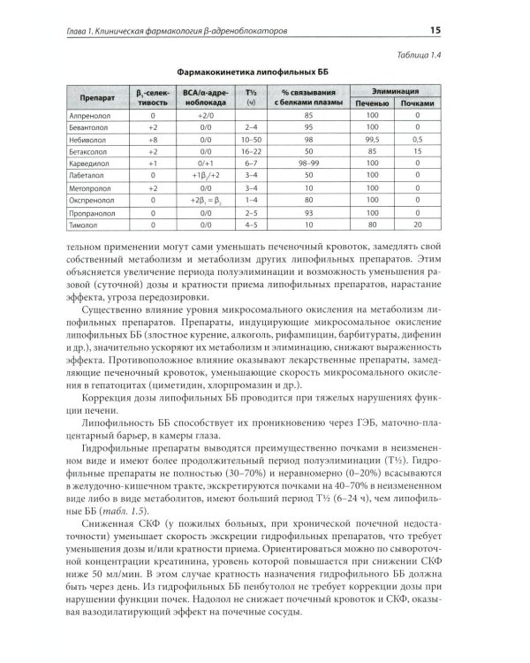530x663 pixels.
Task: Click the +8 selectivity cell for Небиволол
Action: (153, 139)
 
